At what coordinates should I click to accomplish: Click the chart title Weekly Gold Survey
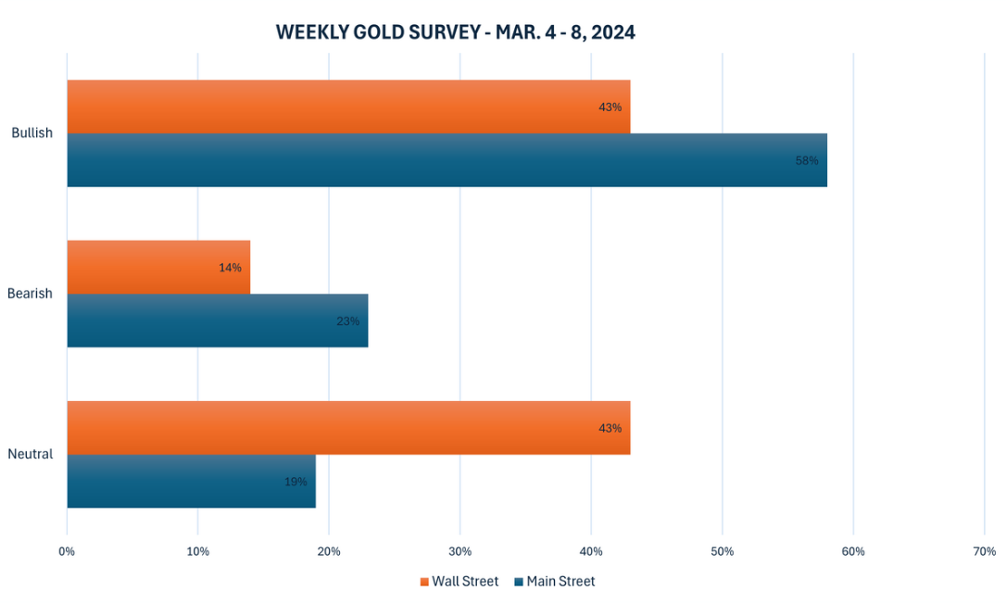point(455,32)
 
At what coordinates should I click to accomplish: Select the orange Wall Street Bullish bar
point(348,107)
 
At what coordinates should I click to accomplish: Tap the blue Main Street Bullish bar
point(446,160)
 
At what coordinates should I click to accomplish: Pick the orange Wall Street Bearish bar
point(158,268)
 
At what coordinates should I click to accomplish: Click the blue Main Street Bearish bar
point(218,321)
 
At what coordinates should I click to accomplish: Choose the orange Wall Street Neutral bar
point(348,428)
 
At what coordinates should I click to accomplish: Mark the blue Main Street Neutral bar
point(191,482)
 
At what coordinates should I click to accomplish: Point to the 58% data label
point(807,160)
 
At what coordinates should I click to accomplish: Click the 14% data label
point(230,268)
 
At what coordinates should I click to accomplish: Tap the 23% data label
point(347,321)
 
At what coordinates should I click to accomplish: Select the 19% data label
point(296,482)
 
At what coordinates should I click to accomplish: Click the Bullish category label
point(31,133)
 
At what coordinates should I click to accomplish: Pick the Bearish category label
point(30,294)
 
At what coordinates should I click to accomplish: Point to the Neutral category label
point(31,455)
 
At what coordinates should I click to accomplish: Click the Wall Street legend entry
point(459,582)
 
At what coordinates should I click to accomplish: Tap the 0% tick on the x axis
point(67,552)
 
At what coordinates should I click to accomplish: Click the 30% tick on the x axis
point(459,552)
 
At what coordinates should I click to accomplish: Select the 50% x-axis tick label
point(723,552)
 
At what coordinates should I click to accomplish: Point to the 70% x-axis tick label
point(985,552)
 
